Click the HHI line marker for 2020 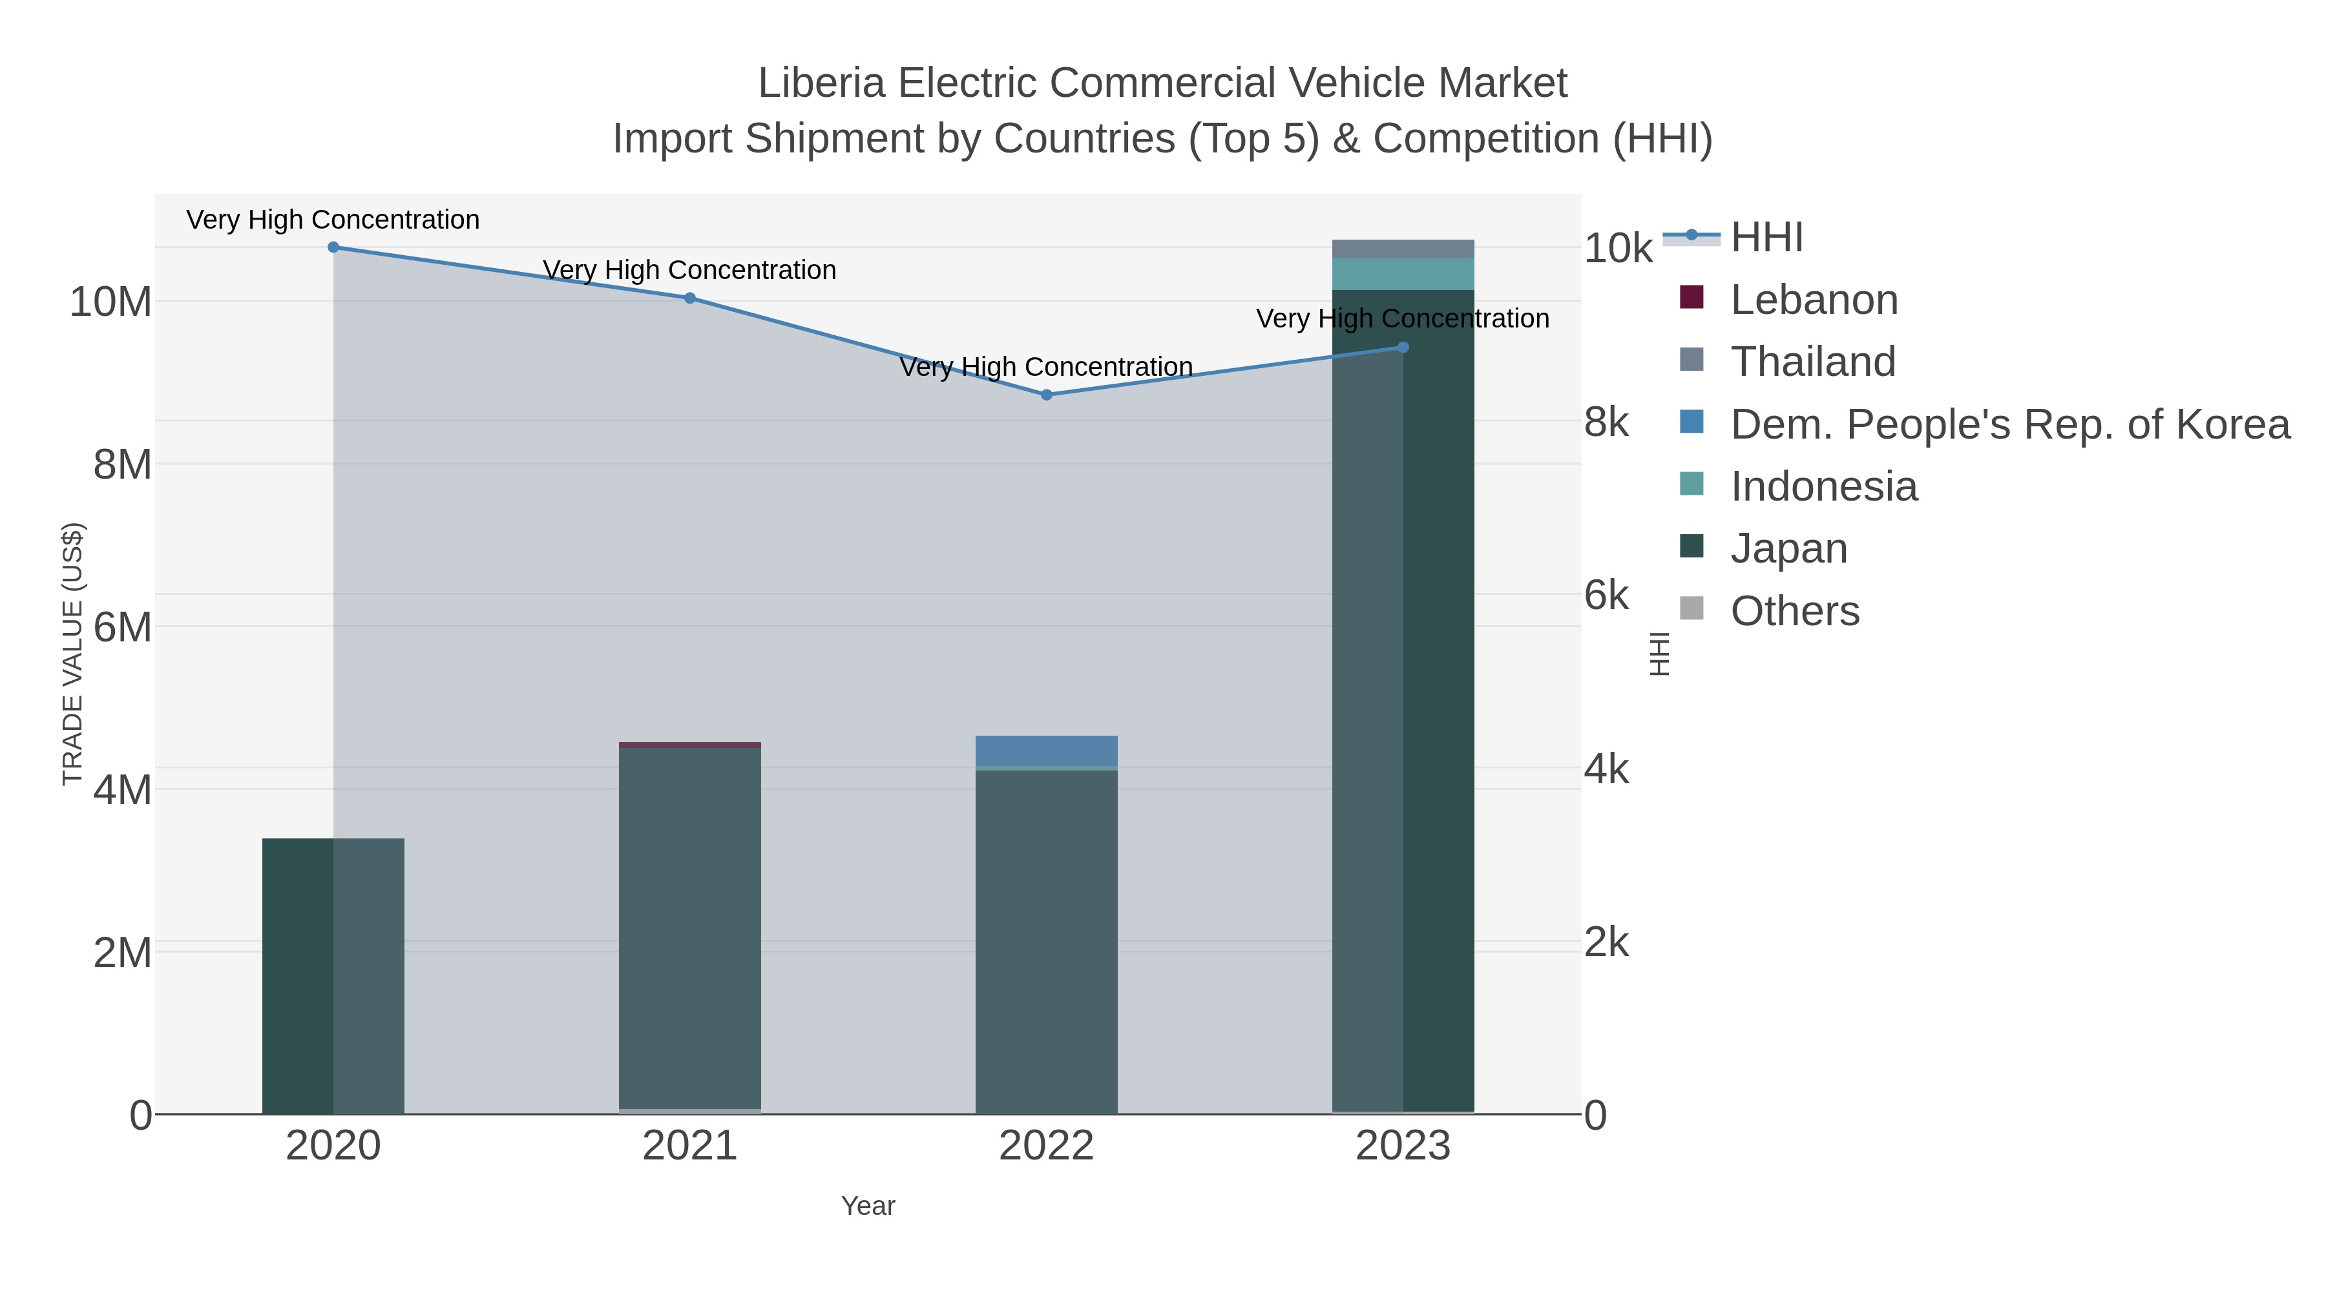coord(333,247)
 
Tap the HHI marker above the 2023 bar coord(1402,348)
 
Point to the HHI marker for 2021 coord(690,298)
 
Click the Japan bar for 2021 coord(690,929)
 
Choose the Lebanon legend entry coord(1813,300)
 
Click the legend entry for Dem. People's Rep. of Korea coord(2009,424)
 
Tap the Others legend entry coord(1794,611)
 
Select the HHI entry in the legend coord(1766,238)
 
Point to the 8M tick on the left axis coord(123,465)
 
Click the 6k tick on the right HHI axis coord(1606,596)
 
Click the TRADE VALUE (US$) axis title coord(72,654)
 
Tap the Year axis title coord(868,1206)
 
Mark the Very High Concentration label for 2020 coord(333,220)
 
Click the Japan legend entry coord(1788,549)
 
